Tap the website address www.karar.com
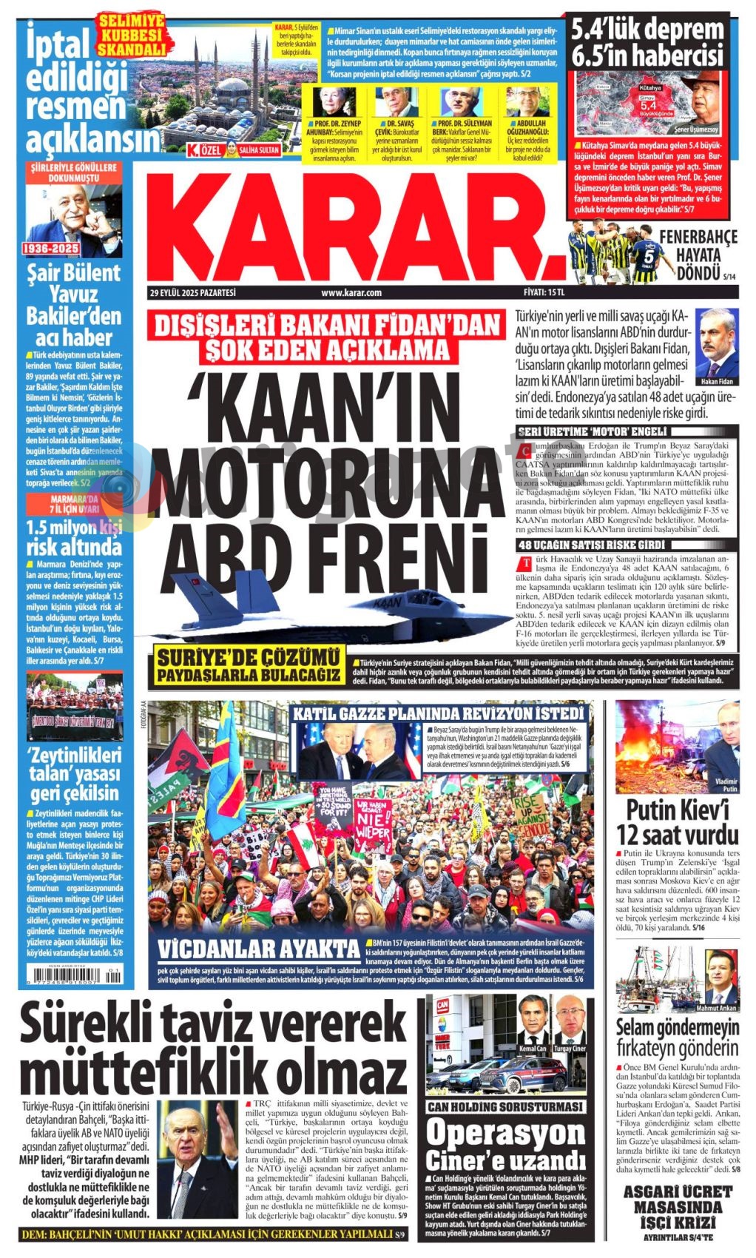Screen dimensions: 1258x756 351,293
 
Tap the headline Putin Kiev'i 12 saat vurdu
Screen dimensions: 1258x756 678,821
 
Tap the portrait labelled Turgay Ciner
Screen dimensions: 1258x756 569,1020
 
